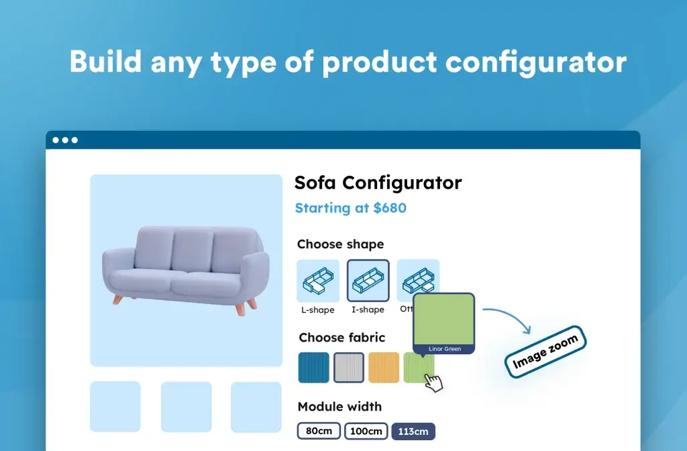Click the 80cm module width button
click(x=319, y=431)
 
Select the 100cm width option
click(x=366, y=431)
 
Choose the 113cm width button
click(x=413, y=431)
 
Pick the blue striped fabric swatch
click(x=314, y=368)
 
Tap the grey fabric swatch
click(x=349, y=368)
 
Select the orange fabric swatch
click(x=384, y=368)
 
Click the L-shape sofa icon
click(x=318, y=281)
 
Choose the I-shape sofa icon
click(x=368, y=281)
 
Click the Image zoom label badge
click(x=545, y=353)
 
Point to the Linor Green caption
click(x=445, y=349)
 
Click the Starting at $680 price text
click(x=350, y=208)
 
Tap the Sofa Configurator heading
click(x=378, y=183)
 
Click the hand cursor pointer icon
click(x=434, y=383)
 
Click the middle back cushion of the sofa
click(x=193, y=250)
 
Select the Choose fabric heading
click(x=341, y=338)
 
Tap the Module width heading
click(x=339, y=407)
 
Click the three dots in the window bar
click(x=65, y=140)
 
